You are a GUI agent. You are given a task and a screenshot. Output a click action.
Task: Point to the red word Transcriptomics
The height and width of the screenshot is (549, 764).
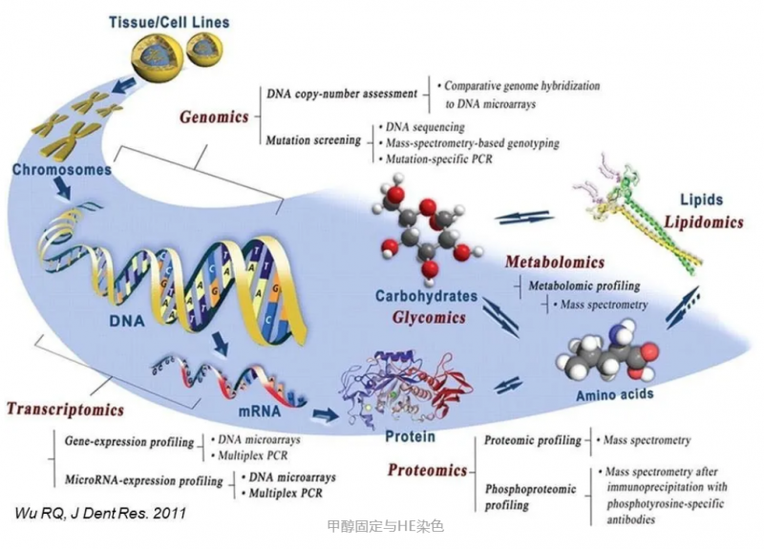tap(65, 410)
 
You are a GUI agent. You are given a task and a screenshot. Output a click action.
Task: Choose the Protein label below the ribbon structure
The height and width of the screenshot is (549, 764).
tap(410, 436)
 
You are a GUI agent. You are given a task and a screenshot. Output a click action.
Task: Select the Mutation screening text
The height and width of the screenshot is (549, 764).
tap(311, 139)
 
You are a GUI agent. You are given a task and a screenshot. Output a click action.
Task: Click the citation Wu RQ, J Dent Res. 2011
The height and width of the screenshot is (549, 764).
tap(100, 513)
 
